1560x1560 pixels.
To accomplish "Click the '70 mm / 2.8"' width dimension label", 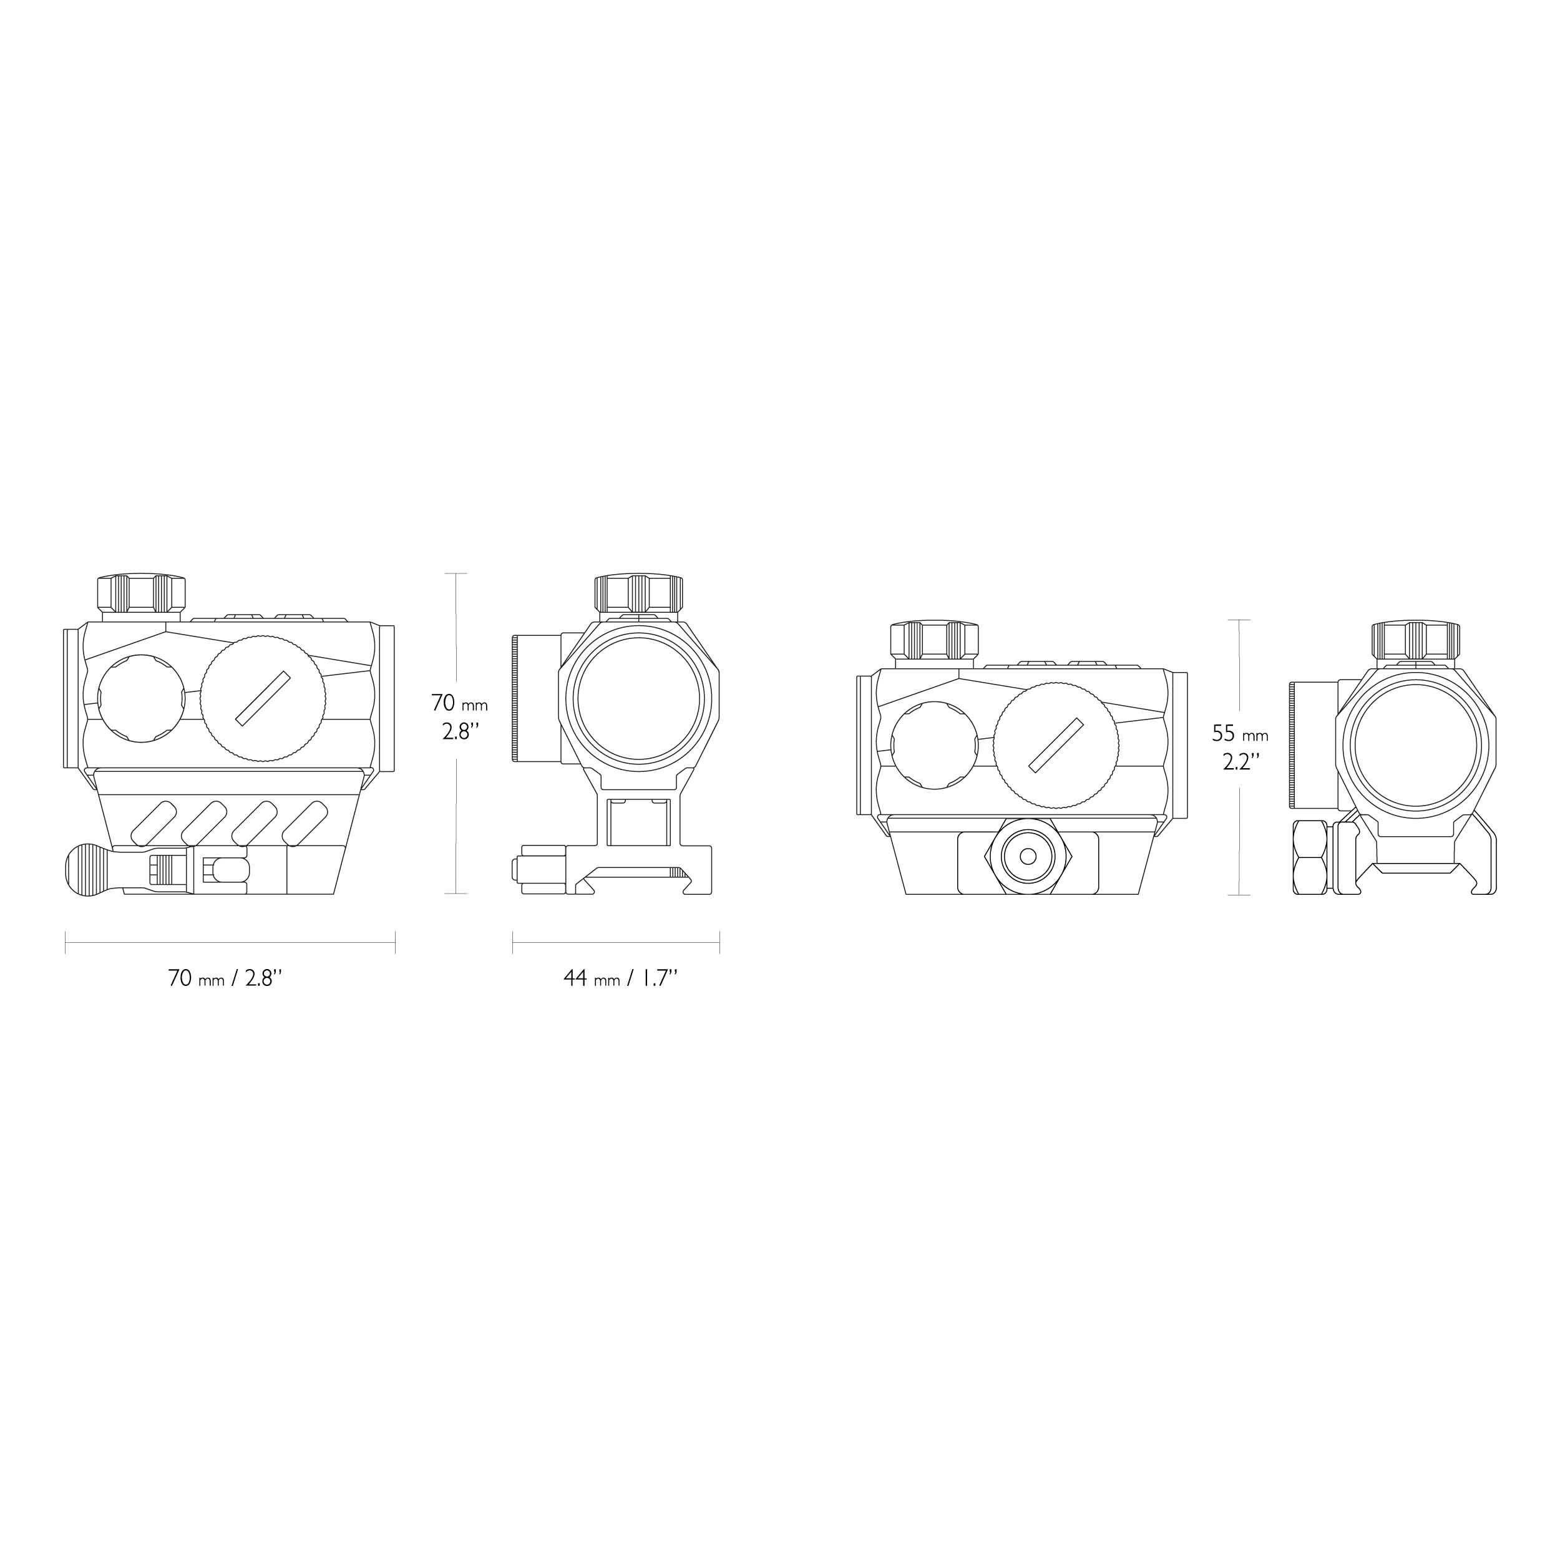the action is point(225,978).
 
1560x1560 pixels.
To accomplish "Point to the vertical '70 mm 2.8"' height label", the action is point(459,716).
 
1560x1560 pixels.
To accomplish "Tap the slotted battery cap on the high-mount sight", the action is point(263,698).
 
